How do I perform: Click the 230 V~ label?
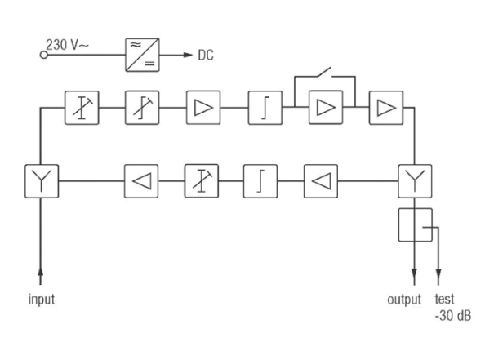[x=67, y=45]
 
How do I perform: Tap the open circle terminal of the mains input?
[x=44, y=55]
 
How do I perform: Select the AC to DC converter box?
[x=142, y=55]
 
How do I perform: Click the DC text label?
[x=206, y=55]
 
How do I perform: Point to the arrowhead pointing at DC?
[x=188, y=55]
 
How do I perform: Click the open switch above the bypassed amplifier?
[x=324, y=72]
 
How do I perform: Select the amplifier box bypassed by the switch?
[x=326, y=108]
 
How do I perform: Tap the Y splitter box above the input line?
[x=42, y=181]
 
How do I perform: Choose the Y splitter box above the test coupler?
[x=415, y=181]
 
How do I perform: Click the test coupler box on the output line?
[x=415, y=224]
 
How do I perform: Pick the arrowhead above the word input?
[x=40, y=272]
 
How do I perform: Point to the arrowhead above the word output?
[x=415, y=273]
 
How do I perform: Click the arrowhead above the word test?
[x=438, y=273]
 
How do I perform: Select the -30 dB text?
[x=453, y=316]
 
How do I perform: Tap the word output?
[x=404, y=300]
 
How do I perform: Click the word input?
[x=42, y=300]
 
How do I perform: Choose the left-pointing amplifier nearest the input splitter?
[x=141, y=181]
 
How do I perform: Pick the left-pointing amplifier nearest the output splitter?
[x=321, y=181]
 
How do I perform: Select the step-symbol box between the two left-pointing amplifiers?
[x=260, y=181]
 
